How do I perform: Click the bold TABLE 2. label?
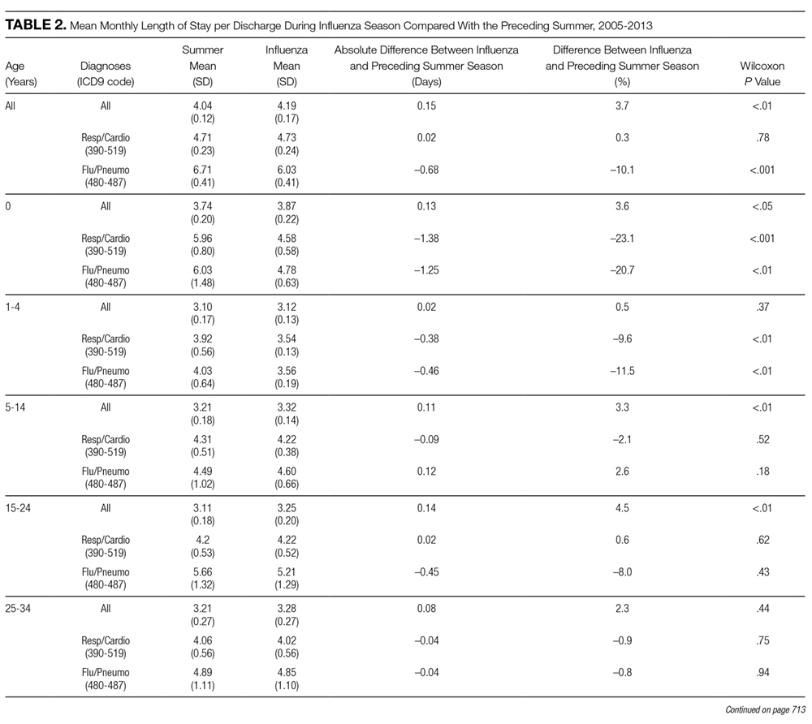(36, 25)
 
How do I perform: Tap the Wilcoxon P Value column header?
(762, 74)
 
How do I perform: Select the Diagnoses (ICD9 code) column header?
(106, 74)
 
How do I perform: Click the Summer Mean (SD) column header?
(202, 66)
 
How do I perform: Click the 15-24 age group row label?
(18, 508)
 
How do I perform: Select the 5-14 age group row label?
(15, 407)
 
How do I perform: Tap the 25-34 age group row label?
(18, 609)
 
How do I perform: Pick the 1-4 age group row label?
(12, 307)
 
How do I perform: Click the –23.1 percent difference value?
(622, 239)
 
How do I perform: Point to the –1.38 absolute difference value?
(426, 239)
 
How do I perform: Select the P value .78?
(762, 138)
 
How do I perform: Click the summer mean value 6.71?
(202, 170)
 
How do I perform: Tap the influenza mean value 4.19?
(287, 106)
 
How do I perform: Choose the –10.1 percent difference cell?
(622, 170)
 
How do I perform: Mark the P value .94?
(762, 673)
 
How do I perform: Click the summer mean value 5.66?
(202, 572)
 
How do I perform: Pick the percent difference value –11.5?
(622, 371)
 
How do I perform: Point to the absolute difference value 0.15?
(426, 106)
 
